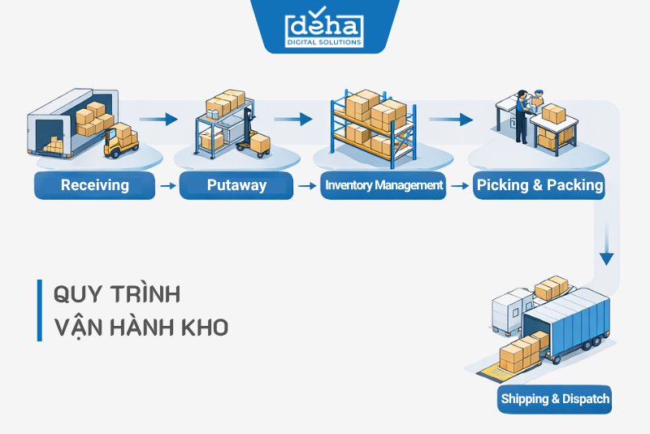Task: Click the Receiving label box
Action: pyautogui.click(x=94, y=185)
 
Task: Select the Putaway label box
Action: pyautogui.click(x=236, y=185)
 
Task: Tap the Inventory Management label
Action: pyautogui.click(x=383, y=185)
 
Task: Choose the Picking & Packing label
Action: pyautogui.click(x=539, y=185)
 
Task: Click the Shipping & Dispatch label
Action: pyautogui.click(x=555, y=399)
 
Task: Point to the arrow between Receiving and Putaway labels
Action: pyautogui.click(x=168, y=186)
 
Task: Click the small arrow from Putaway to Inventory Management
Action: pyautogui.click(x=306, y=186)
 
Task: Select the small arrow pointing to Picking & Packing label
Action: pyautogui.click(x=459, y=186)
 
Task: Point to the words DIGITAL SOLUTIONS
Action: pyautogui.click(x=324, y=42)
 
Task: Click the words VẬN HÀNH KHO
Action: pyautogui.click(x=140, y=328)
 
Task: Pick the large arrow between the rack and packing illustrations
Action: pyautogui.click(x=451, y=119)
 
